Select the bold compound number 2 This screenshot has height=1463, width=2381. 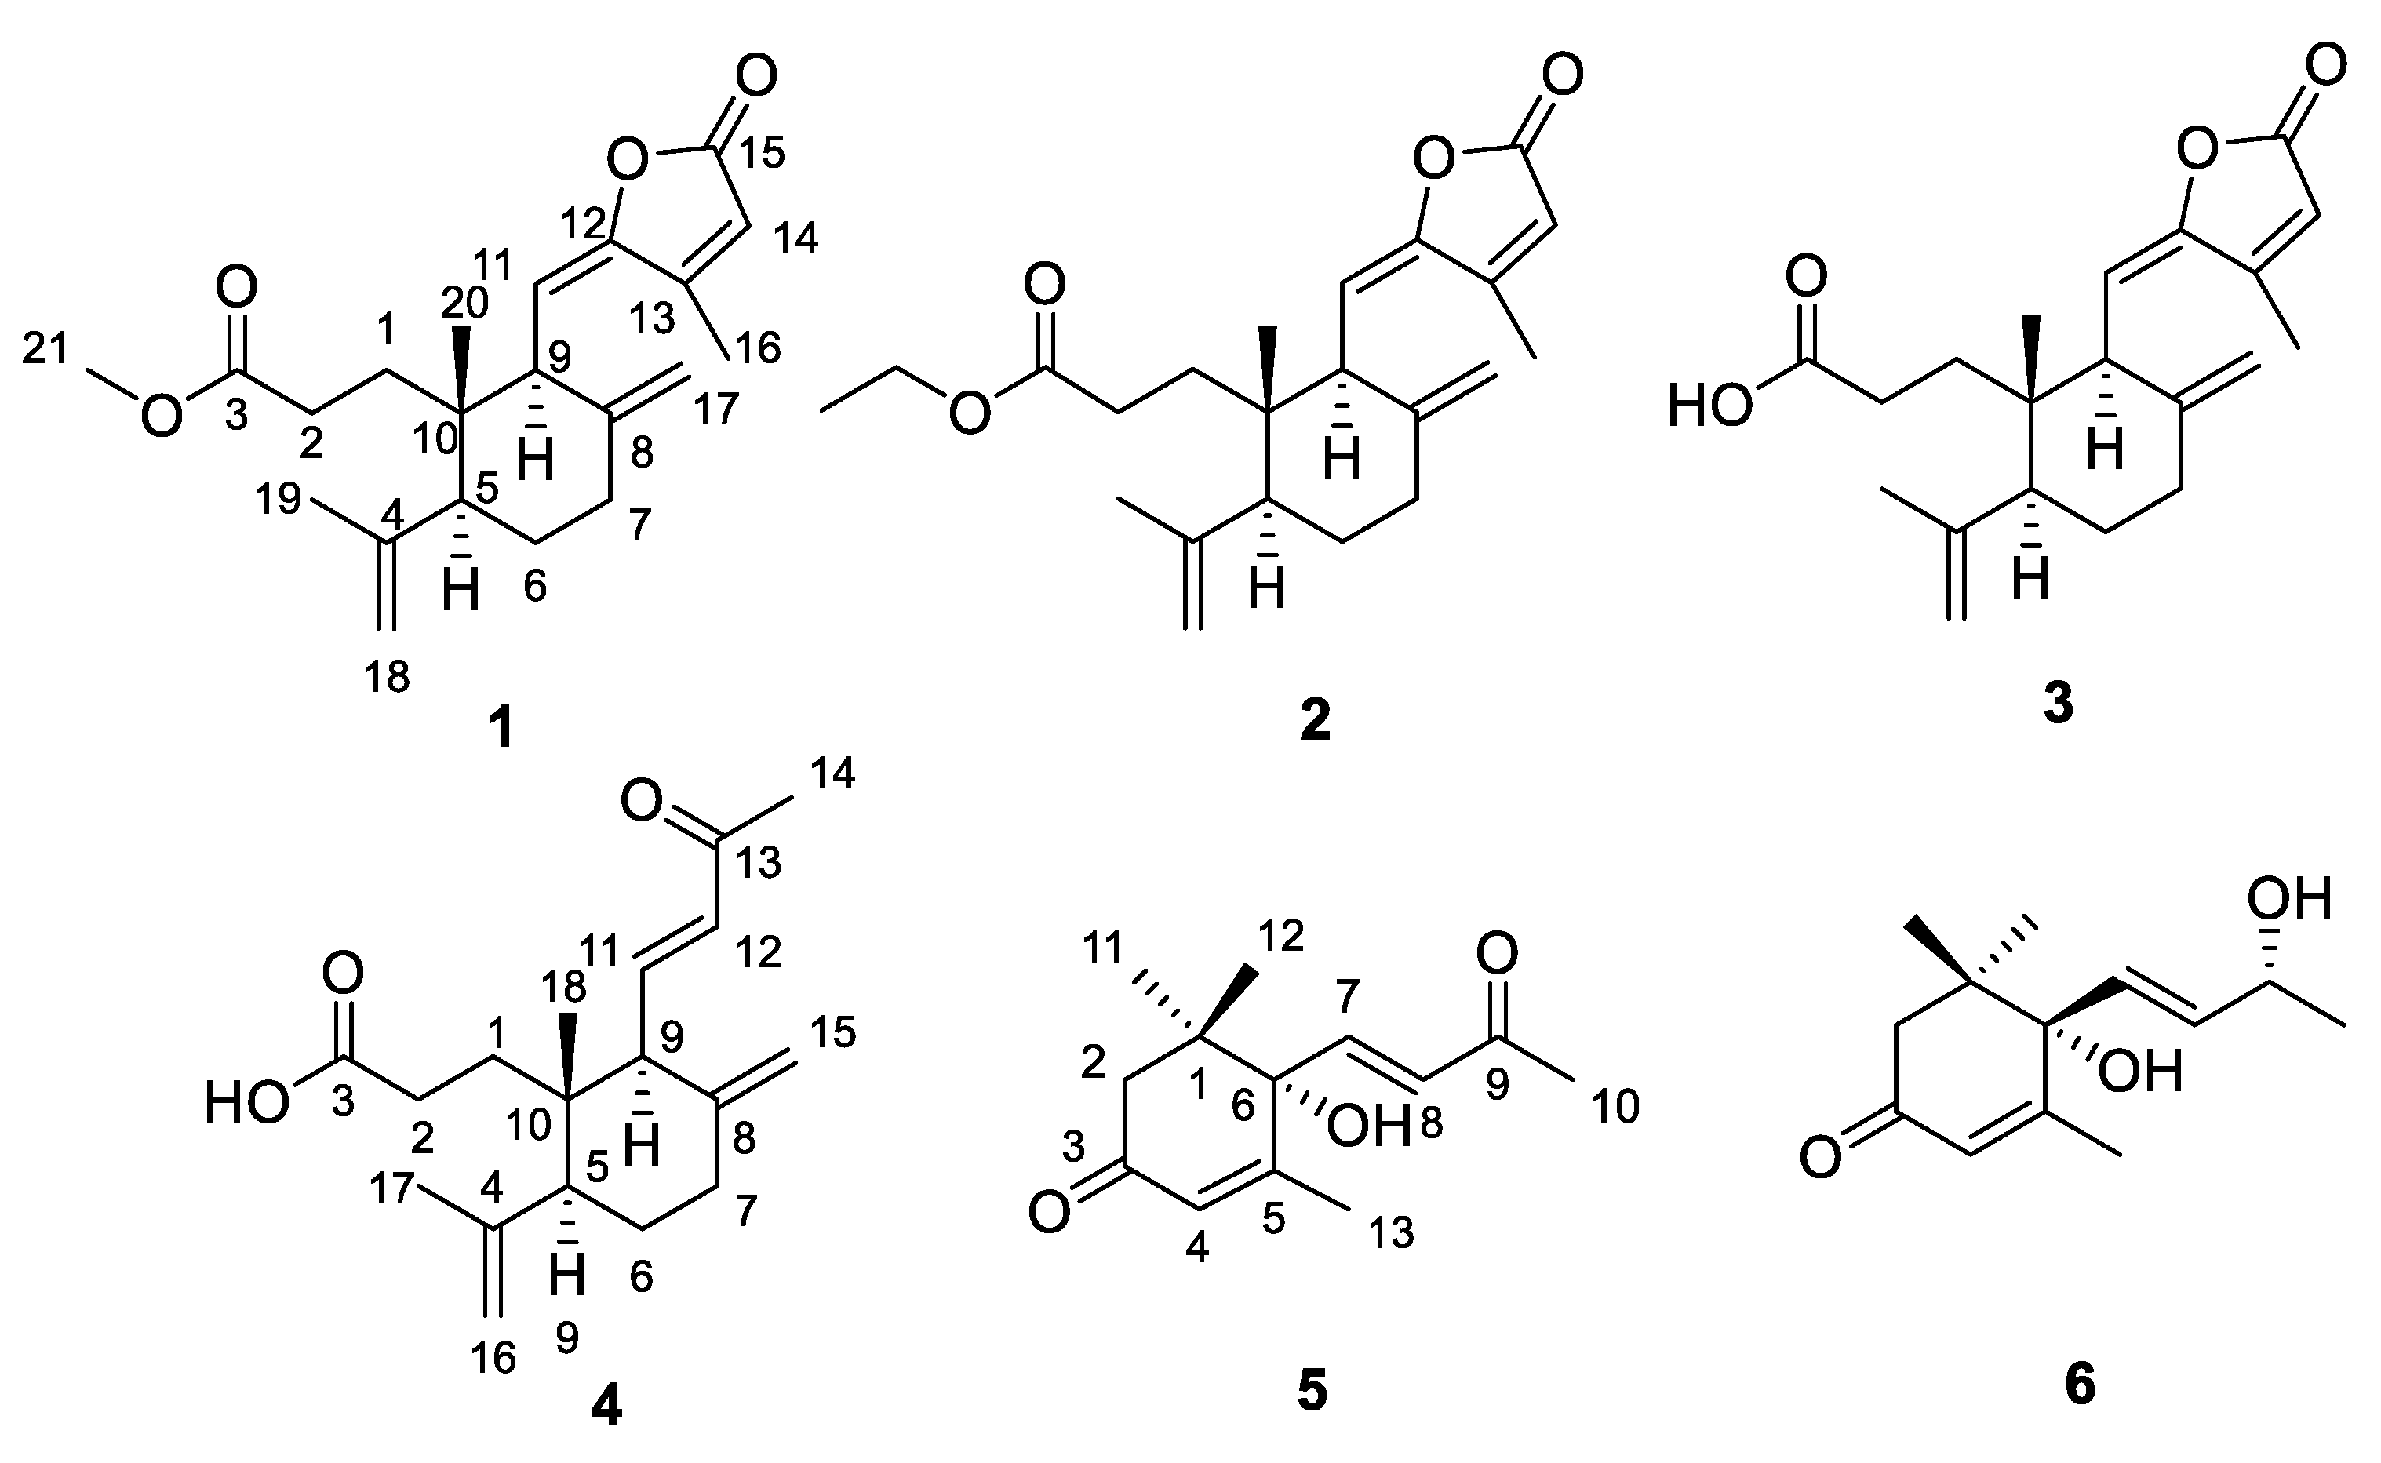coord(1315,721)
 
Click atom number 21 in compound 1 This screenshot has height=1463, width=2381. coord(46,347)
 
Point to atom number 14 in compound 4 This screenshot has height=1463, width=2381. coord(832,773)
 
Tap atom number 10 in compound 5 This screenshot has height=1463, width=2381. coord(1615,1106)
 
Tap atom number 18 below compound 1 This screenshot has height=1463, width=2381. coord(387,677)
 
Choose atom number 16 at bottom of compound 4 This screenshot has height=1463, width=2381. coord(494,1359)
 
